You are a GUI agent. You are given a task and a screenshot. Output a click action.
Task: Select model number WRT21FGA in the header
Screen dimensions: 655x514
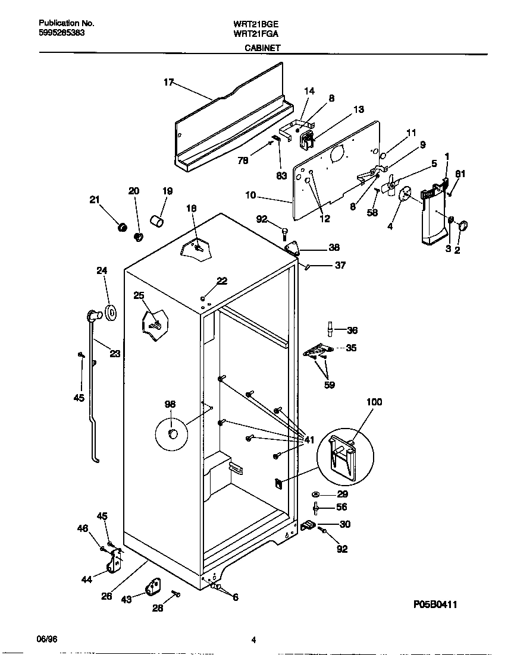256,34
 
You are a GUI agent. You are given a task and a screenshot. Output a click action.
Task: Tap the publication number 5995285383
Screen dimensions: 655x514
61,33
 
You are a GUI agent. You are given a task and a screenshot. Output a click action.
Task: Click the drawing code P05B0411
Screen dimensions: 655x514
435,604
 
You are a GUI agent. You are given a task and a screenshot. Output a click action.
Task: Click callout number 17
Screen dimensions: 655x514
168,83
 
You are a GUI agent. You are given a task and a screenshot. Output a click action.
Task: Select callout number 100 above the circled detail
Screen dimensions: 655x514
374,402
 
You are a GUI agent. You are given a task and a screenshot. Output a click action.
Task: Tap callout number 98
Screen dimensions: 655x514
170,404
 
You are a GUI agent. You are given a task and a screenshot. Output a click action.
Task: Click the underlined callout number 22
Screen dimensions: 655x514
221,281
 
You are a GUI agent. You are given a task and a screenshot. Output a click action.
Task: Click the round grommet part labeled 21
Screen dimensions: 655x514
123,227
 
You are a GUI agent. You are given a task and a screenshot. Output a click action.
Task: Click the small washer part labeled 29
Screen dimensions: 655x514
315,495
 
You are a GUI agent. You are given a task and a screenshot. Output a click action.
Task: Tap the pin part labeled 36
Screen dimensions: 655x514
328,329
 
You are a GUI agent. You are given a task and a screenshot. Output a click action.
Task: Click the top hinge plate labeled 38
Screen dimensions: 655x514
294,248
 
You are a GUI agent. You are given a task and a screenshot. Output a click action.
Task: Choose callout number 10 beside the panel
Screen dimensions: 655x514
250,195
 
